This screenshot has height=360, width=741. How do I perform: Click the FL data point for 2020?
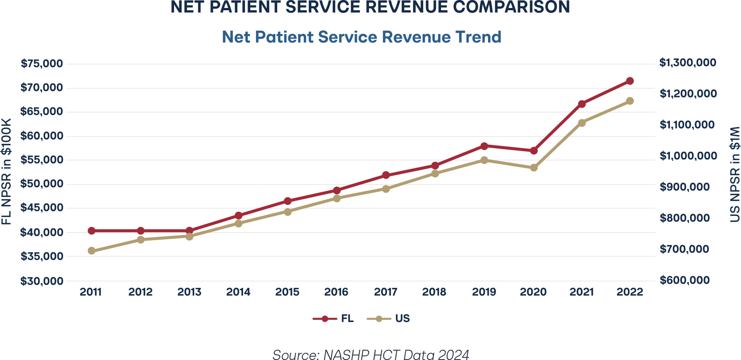[x=534, y=151]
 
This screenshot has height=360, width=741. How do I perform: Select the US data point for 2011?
[x=91, y=251]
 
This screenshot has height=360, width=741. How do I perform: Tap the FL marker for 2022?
[x=630, y=81]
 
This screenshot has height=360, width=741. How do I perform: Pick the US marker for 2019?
[x=484, y=160]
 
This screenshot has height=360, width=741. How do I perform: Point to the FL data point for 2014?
[x=239, y=215]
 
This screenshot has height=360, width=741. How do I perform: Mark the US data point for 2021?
[x=582, y=123]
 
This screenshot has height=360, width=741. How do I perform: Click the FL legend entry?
[x=333, y=319]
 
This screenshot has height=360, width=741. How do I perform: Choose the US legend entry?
[x=388, y=319]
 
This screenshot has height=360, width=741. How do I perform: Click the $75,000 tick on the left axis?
[x=42, y=63]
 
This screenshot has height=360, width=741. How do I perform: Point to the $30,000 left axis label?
[x=42, y=281]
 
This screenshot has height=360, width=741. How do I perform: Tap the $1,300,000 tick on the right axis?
[x=688, y=63]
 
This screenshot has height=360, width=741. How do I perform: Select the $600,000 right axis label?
[x=684, y=280]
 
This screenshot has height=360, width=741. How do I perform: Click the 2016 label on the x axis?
[x=336, y=292]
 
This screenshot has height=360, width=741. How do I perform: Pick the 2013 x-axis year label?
[x=189, y=292]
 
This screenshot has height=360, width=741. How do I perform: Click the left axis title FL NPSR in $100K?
[x=6, y=171]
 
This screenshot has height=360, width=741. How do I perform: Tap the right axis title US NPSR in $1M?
[x=735, y=174]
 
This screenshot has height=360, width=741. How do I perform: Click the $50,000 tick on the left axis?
[x=42, y=184]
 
